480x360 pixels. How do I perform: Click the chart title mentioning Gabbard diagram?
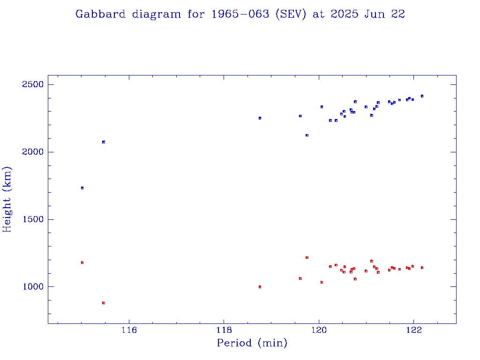[x=240, y=15]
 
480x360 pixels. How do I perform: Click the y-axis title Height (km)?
[x=7, y=199]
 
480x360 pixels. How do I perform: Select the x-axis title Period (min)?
[x=252, y=343]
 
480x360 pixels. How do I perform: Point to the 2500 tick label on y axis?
[x=32, y=85]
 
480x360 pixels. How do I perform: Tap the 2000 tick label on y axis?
[x=32, y=152]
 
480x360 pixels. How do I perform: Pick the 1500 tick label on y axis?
[x=32, y=219]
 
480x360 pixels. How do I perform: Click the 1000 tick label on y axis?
[x=32, y=287]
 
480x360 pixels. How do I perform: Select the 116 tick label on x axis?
[x=129, y=330]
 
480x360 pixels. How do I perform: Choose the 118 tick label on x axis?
[x=224, y=330]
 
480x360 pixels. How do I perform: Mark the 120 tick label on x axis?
[x=319, y=330]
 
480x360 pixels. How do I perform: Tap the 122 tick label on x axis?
[x=414, y=330]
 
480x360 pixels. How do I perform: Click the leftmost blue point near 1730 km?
[x=82, y=188]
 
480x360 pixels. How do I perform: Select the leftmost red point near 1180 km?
[x=82, y=262]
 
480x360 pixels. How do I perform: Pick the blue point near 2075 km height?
[x=104, y=142]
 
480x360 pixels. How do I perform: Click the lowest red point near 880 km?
[x=104, y=303]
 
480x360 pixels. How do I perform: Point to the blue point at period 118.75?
[x=260, y=118]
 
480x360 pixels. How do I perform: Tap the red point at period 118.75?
[x=260, y=287]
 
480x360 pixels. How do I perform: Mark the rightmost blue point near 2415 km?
[x=422, y=96]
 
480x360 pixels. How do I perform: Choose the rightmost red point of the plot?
[x=422, y=268]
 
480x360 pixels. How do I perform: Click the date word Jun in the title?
[x=369, y=15]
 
